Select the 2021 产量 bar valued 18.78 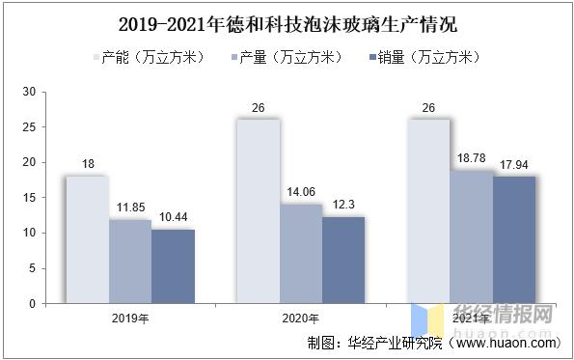pyautogui.click(x=472, y=236)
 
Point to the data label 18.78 pyautogui.click(x=472, y=159)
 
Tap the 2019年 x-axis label pyautogui.click(x=129, y=317)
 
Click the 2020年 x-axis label pyautogui.click(x=300, y=317)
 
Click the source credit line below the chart pyautogui.click(x=432, y=343)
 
